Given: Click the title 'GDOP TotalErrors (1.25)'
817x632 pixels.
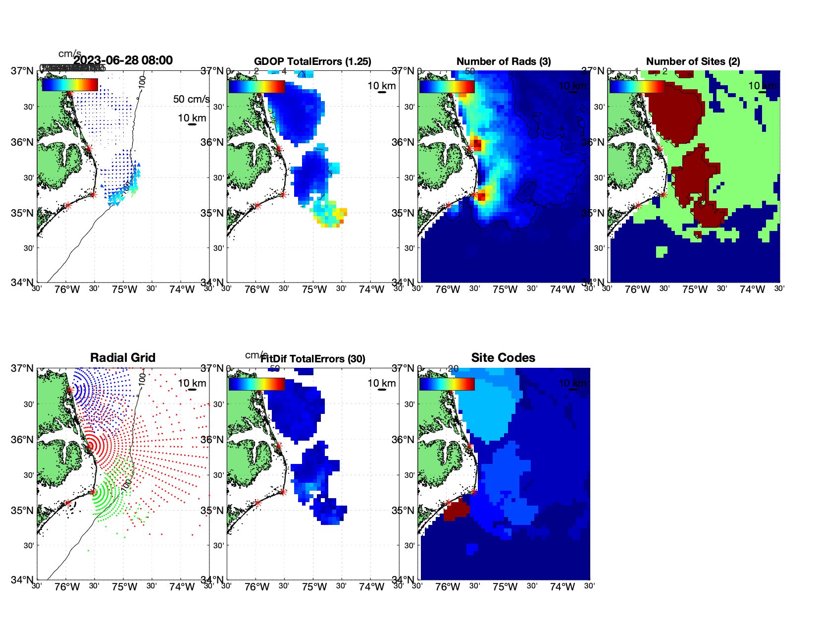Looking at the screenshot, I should point(312,61).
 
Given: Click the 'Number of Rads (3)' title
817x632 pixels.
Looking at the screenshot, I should point(504,61).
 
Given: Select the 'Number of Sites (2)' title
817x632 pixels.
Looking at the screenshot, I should point(693,61).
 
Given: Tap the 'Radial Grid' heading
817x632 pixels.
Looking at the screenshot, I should point(123,358).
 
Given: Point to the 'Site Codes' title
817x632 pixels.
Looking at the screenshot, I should point(503,358).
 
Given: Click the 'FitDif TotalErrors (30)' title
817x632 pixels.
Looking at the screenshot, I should point(313,359).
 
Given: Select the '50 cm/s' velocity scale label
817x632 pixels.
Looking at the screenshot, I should point(191,99).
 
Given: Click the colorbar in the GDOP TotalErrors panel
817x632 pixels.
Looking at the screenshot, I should point(256,87).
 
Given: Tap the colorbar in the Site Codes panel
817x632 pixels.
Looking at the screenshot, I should point(447,384).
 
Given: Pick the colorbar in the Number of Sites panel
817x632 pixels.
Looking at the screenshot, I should point(637,87).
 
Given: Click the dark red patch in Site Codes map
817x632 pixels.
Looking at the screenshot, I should point(456,510).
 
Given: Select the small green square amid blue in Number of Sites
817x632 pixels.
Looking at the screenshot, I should point(662,252).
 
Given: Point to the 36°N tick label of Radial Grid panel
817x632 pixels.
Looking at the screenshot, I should point(22,440).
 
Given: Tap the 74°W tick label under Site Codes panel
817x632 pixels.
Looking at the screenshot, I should point(562,587).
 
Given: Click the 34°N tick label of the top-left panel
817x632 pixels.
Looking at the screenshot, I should point(22,283).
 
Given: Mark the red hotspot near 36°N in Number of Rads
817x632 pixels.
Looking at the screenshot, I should point(476,144).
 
